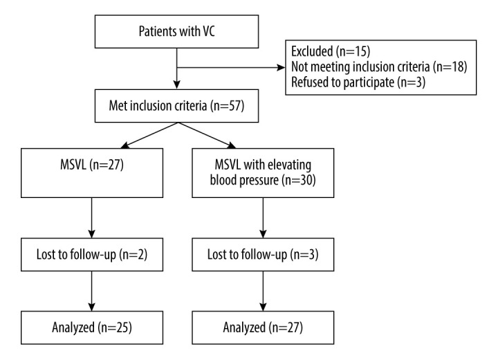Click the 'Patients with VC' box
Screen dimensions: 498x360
pos(176,31)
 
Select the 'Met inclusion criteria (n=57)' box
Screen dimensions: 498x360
pos(176,106)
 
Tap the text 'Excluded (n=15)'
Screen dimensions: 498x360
pos(331,51)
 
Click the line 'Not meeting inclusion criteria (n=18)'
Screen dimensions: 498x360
pos(379,66)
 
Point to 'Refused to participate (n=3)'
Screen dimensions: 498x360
pos(358,82)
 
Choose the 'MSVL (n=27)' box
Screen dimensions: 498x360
pos(92,173)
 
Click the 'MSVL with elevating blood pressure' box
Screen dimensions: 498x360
pos(263,173)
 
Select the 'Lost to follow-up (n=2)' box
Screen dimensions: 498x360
pos(92,254)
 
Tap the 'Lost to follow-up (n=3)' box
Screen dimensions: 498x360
pos(263,254)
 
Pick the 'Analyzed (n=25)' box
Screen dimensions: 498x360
pos(92,327)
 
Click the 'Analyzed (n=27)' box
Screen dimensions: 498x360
pos(263,327)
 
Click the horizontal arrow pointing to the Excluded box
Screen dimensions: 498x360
pos(231,67)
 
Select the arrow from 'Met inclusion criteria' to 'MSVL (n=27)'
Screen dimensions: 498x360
pos(149,136)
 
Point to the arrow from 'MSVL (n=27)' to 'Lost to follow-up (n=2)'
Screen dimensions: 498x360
pos(92,218)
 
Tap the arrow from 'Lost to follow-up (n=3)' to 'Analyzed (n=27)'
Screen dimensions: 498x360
pos(263,291)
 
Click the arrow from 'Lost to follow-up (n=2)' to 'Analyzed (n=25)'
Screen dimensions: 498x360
pos(92,291)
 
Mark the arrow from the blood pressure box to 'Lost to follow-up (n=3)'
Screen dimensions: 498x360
pos(263,218)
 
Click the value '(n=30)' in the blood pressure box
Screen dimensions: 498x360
pos(299,180)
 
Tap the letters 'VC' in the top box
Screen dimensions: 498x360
pos(208,31)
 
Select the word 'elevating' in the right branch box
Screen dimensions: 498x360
pos(289,165)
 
